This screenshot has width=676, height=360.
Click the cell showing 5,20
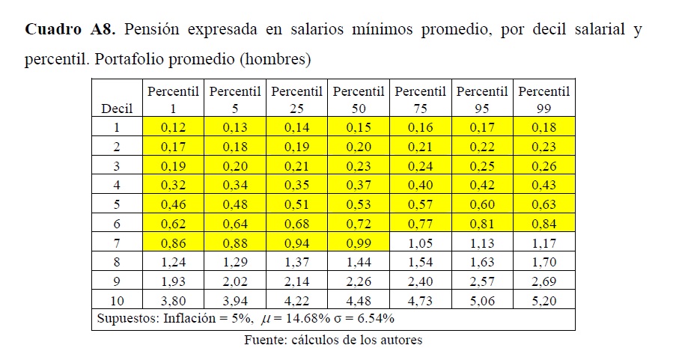click(x=543, y=302)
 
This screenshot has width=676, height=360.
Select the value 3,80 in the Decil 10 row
click(x=174, y=302)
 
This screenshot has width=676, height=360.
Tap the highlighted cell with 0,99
click(x=359, y=244)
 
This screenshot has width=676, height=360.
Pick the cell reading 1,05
click(x=420, y=244)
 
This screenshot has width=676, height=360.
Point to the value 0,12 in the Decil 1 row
click(x=174, y=128)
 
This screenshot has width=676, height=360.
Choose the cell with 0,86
click(x=174, y=244)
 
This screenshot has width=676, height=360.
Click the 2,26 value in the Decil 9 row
click(x=359, y=282)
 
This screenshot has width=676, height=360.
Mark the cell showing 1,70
click(x=543, y=263)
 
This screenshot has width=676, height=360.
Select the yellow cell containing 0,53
click(x=359, y=205)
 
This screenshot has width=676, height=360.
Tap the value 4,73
click(x=420, y=302)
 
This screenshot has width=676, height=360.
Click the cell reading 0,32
click(x=174, y=186)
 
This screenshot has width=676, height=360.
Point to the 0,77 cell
click(x=420, y=225)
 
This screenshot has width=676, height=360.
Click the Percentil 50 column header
click(x=359, y=99)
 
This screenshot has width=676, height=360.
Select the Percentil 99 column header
click(x=543, y=99)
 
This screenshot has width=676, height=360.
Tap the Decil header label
click(x=117, y=109)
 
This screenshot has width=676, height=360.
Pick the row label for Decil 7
click(x=117, y=244)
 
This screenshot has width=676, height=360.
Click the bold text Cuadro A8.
click(x=70, y=31)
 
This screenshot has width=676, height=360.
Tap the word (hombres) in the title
click(x=275, y=58)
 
